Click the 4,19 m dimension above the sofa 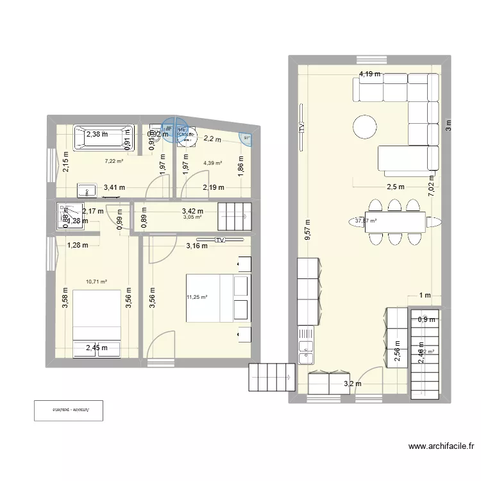(369, 74)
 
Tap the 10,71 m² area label (96, 281)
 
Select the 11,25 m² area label (198, 296)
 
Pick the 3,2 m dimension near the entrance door (353, 385)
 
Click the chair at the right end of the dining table (435, 222)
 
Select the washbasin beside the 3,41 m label (87, 189)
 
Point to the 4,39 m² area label (213, 163)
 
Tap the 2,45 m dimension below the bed (97, 348)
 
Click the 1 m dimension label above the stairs (425, 296)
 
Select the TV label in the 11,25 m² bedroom (221, 240)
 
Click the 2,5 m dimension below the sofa (395, 187)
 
